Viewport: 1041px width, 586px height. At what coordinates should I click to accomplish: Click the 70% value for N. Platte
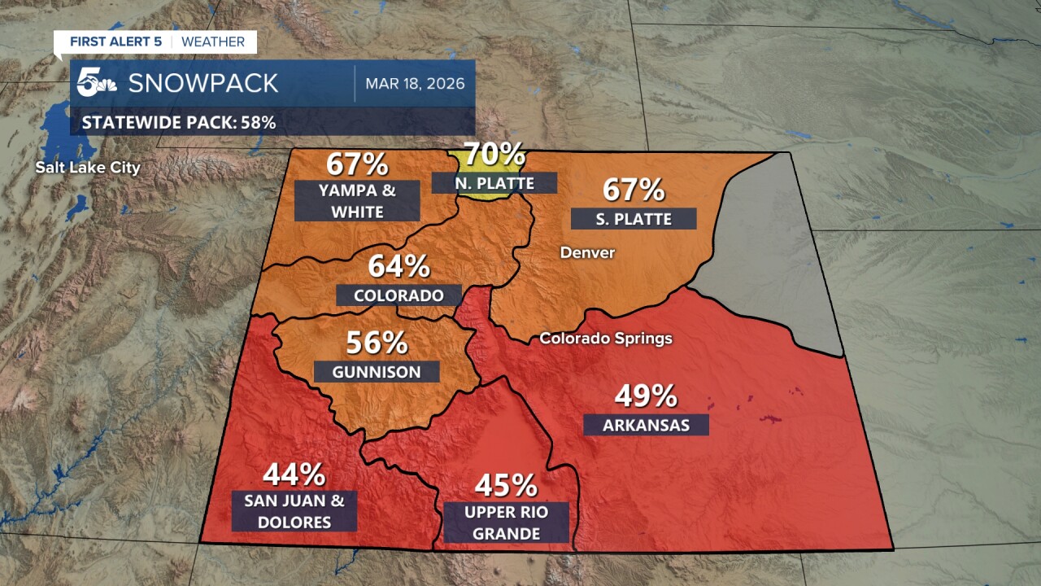[x=494, y=154]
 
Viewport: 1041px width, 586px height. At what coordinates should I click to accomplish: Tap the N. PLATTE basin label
[x=494, y=183]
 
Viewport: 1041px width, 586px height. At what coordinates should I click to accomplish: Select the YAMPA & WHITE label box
[x=357, y=200]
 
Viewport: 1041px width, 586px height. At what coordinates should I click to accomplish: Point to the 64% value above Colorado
[x=399, y=266]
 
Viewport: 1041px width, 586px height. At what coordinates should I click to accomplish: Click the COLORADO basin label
[x=399, y=295]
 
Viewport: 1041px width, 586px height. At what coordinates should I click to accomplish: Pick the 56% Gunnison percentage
[x=377, y=343]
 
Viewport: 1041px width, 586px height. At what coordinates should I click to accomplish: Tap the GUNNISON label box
[x=377, y=372]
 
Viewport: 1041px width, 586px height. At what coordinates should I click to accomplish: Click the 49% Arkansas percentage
[x=646, y=396]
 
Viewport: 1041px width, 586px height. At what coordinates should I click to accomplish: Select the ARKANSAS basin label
[x=646, y=425]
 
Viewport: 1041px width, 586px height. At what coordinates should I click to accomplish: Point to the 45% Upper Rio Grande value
[x=506, y=486]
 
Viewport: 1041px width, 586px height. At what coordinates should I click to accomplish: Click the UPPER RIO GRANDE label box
[x=506, y=523]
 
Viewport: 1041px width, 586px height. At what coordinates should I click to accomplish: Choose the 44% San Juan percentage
[x=294, y=474]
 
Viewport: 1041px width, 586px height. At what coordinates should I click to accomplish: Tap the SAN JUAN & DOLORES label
[x=294, y=511]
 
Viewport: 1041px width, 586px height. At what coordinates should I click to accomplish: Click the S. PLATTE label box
[x=634, y=219]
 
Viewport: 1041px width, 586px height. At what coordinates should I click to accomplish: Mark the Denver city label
[x=587, y=253]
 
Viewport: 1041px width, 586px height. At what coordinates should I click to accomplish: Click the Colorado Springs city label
[x=606, y=338]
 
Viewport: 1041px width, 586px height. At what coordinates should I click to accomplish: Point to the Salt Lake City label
[x=87, y=168]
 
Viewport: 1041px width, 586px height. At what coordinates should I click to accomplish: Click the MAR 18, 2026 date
[x=415, y=83]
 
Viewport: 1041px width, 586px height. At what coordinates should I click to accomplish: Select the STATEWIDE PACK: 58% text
[x=179, y=123]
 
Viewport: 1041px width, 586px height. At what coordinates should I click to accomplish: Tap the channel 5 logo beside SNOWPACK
[x=97, y=83]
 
